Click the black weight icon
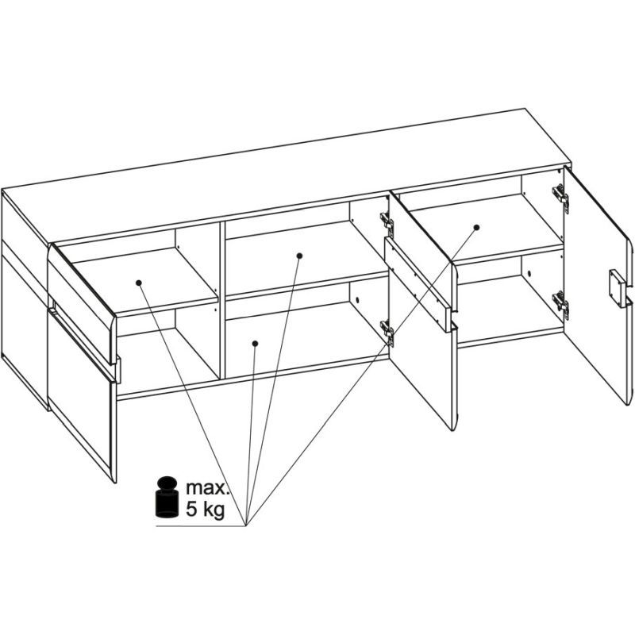point(167,497)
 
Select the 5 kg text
point(205,510)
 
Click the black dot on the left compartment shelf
point(138,283)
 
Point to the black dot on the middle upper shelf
point(299,256)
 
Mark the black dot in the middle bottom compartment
point(255,344)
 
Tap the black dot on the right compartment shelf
point(477,227)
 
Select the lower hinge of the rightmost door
point(561,304)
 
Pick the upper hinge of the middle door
point(387,223)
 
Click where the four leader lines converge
point(246,525)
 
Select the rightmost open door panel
point(598,283)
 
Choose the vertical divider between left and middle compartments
point(222,300)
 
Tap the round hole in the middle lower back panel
point(356,300)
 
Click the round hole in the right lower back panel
point(529,273)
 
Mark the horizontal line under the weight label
point(201,526)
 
